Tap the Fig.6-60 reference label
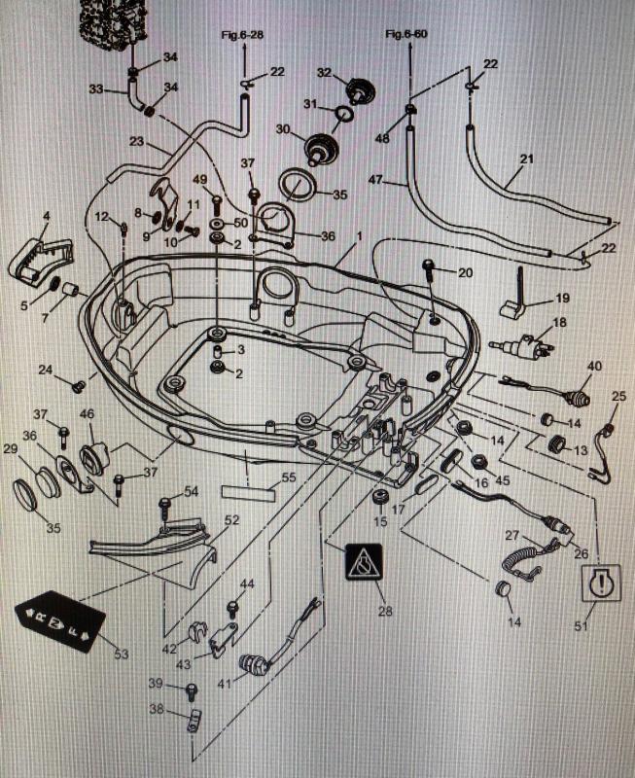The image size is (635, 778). [406, 35]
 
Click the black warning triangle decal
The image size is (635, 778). [363, 562]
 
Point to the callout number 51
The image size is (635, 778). [580, 627]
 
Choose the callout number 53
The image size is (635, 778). [121, 654]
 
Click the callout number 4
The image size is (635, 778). [46, 215]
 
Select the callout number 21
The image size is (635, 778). [526, 159]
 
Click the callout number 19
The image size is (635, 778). [562, 298]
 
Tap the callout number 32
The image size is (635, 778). [325, 72]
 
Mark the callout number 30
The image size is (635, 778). [283, 128]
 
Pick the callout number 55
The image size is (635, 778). [288, 477]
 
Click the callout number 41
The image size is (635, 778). [225, 685]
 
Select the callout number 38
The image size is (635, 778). [157, 709]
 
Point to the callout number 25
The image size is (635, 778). [619, 397]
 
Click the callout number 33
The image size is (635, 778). [95, 89]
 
